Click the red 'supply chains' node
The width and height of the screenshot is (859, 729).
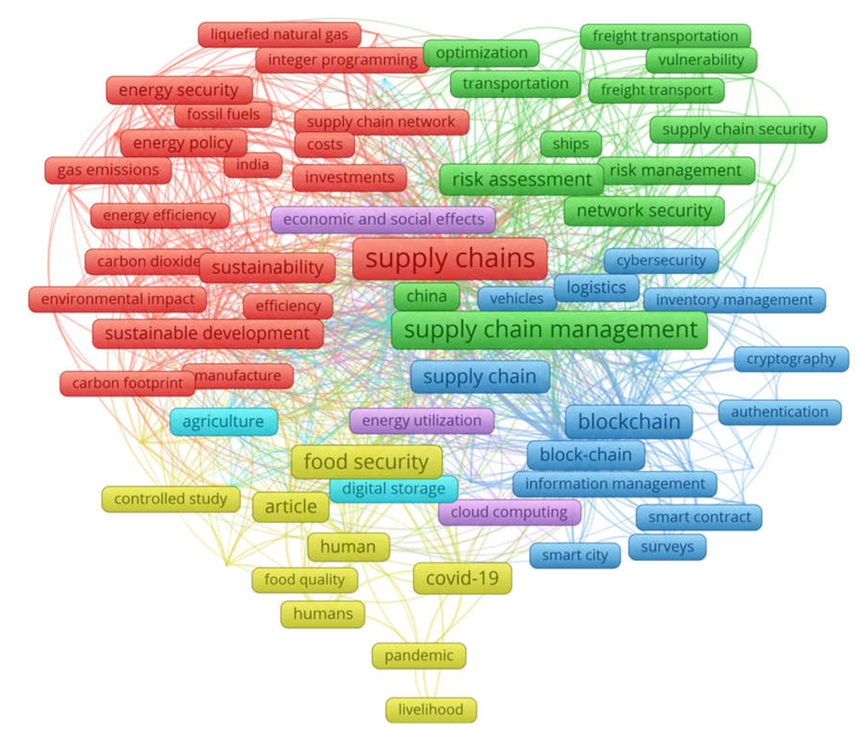point(450,259)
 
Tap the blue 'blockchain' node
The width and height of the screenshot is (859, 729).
point(628,421)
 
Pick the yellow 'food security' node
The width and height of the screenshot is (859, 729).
point(366,462)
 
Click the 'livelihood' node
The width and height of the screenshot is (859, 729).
point(431,710)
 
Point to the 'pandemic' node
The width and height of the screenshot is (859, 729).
point(418,655)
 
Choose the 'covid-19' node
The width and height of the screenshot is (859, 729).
point(462,578)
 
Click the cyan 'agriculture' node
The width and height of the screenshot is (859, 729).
point(223,421)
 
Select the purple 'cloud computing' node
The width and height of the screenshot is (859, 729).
point(509,512)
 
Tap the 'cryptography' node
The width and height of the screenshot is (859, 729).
point(791,359)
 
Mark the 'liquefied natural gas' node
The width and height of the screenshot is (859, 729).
point(279,35)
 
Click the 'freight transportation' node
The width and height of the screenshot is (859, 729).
point(665,36)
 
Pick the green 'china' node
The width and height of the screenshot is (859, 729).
point(426,296)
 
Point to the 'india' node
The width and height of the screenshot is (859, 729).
point(252,165)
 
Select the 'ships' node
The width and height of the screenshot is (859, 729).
point(571,144)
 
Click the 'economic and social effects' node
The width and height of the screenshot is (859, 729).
point(383,219)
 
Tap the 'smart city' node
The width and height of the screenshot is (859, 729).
point(575,556)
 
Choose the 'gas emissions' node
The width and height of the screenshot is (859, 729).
point(108,170)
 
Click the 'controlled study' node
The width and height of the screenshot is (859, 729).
point(171,499)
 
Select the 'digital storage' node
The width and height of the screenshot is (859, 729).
point(393,489)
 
